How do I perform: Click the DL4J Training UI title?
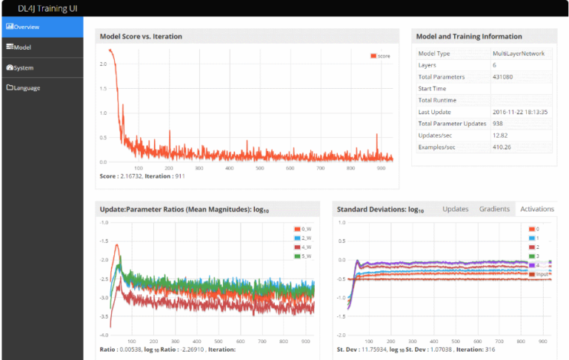pyautogui.click(x=47, y=8)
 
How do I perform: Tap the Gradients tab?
pyautogui.click(x=493, y=209)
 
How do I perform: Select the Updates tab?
pyautogui.click(x=455, y=209)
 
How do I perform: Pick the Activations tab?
pyautogui.click(x=536, y=209)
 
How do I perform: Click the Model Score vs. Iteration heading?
pyautogui.click(x=141, y=36)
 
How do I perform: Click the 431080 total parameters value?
pyautogui.click(x=505, y=77)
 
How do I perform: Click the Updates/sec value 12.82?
pyautogui.click(x=502, y=135)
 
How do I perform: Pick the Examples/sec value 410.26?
pyautogui.click(x=503, y=147)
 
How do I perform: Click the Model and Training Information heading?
pyautogui.click(x=469, y=36)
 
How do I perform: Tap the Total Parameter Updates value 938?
pyautogui.click(x=499, y=124)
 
